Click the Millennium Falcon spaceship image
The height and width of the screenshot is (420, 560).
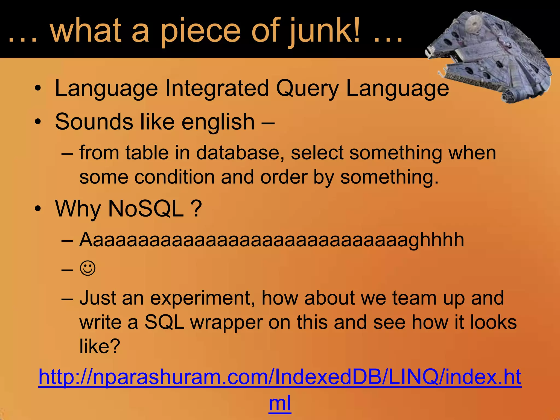click(489, 55)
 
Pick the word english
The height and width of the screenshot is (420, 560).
click(218, 122)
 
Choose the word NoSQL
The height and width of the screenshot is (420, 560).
click(146, 209)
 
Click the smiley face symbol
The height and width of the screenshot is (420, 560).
click(88, 268)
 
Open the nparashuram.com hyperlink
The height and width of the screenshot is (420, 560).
click(280, 377)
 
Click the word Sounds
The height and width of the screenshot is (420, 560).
click(94, 122)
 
